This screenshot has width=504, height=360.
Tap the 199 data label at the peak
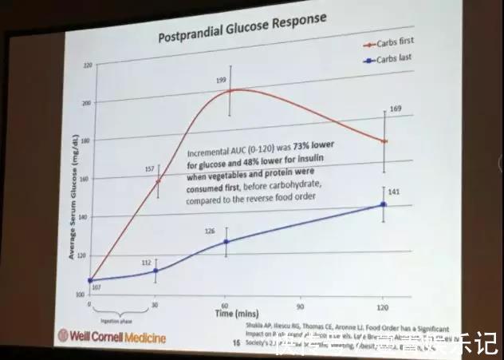click(x=222, y=81)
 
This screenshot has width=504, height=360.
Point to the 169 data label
click(x=393, y=109)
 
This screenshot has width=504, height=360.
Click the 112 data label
click(x=146, y=262)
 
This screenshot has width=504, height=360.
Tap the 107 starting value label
click(x=96, y=287)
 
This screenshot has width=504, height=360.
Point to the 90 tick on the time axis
click(x=301, y=306)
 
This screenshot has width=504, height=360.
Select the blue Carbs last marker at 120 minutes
click(x=383, y=204)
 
